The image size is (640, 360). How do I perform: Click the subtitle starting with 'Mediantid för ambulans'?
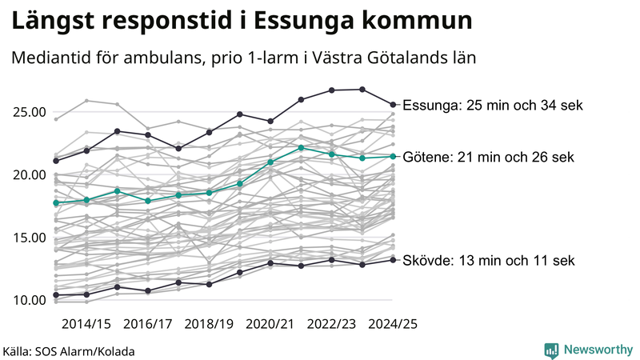coord(244,58)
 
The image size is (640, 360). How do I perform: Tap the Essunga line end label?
coord(493,106)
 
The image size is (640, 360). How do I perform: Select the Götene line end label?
coord(488,156)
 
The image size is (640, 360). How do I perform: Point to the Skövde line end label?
coord(488,261)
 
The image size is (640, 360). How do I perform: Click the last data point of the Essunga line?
coord(393,104)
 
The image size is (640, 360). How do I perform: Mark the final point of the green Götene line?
coord(393,156)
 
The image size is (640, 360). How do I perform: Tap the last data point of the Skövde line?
coord(393,259)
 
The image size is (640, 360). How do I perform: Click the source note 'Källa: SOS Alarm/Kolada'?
coord(68,350)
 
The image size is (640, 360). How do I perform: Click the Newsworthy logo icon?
coord(551,350)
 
